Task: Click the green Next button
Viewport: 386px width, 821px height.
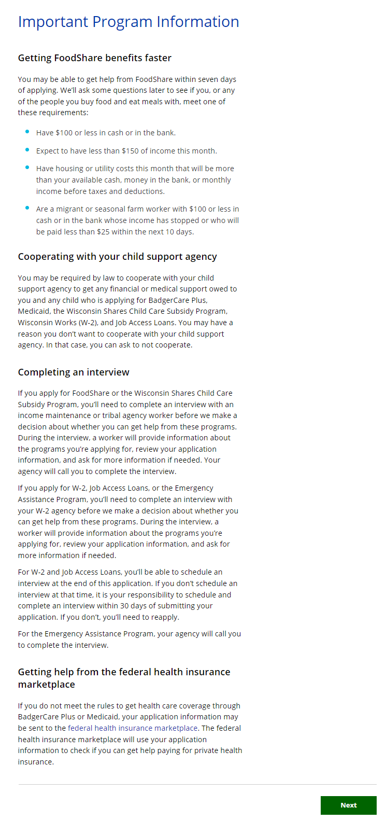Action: point(348,805)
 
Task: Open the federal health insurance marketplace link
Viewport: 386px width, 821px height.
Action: point(133,728)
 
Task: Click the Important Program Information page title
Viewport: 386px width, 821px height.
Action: point(128,22)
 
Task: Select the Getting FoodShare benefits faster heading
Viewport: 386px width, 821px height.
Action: point(95,58)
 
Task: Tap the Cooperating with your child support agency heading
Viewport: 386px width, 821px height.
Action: point(118,257)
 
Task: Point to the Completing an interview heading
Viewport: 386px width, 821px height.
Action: point(74,372)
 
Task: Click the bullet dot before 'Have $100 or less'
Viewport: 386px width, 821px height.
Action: point(27,132)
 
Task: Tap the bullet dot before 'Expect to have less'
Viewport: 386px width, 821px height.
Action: point(27,150)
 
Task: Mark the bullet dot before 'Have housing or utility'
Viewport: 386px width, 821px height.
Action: point(27,168)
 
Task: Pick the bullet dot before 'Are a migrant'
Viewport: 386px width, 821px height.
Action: point(27,208)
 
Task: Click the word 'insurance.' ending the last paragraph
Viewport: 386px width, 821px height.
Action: point(36,762)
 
